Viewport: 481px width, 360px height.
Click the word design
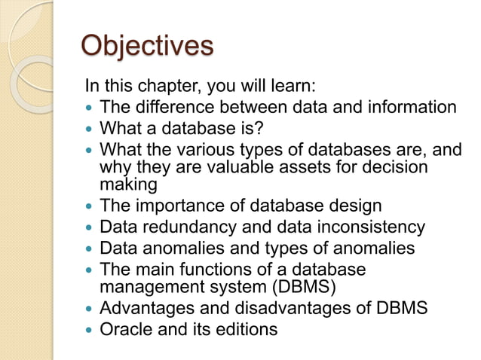click(354, 205)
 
